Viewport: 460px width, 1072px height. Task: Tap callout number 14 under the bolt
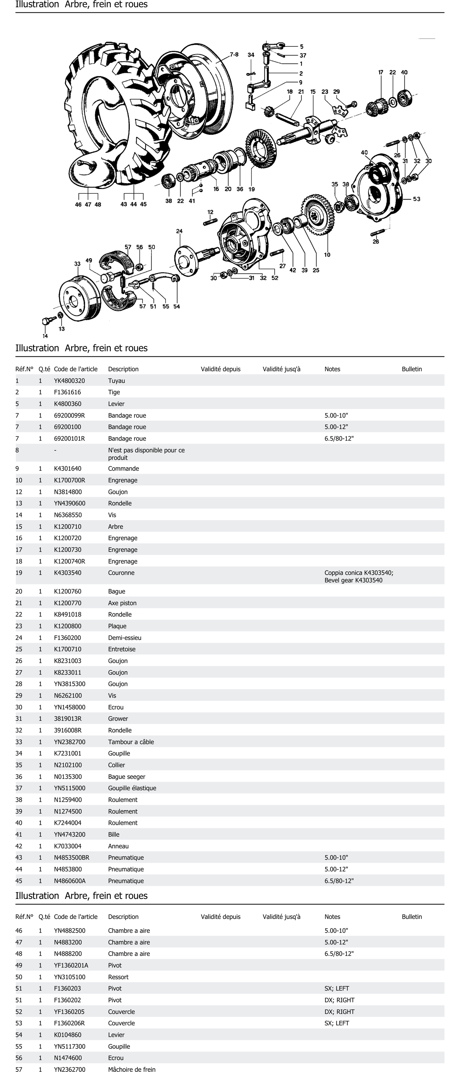(45, 336)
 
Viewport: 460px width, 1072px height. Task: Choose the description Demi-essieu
(125, 638)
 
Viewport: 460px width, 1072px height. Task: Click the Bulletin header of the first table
(412, 369)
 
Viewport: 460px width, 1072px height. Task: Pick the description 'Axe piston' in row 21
(122, 603)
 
